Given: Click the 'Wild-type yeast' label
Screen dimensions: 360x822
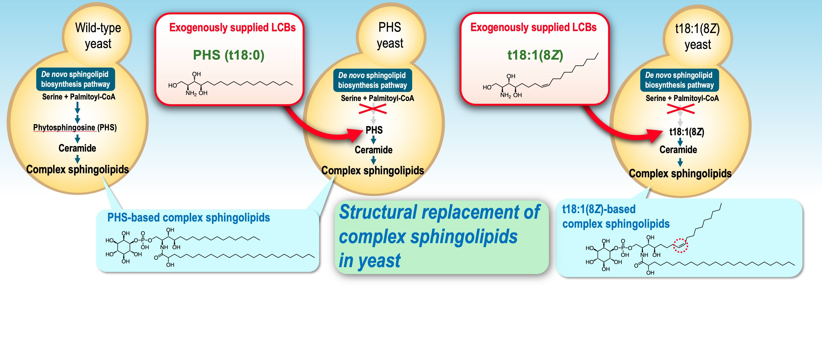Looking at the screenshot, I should pyautogui.click(x=98, y=36).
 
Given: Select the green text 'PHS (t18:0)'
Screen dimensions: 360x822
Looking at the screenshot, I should pyautogui.click(x=228, y=55).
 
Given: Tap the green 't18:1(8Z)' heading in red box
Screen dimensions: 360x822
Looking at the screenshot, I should pyautogui.click(x=535, y=55).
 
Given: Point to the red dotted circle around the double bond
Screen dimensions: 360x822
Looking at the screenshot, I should pyautogui.click(x=680, y=246).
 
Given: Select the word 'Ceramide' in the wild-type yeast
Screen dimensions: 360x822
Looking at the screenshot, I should pyautogui.click(x=77, y=148).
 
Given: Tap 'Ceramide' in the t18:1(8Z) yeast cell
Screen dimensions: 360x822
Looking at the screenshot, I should pyautogui.click(x=678, y=149).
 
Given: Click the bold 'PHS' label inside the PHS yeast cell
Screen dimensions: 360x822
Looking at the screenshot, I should pyautogui.click(x=374, y=130).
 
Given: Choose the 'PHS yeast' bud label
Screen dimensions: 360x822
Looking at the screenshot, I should pyautogui.click(x=390, y=35).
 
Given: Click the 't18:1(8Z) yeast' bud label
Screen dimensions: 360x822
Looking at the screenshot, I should pyautogui.click(x=697, y=36).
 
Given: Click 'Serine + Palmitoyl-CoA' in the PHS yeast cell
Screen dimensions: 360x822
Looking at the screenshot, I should pyautogui.click(x=377, y=98).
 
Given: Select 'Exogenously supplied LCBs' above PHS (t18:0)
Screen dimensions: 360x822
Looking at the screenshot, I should pyautogui.click(x=232, y=27).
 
